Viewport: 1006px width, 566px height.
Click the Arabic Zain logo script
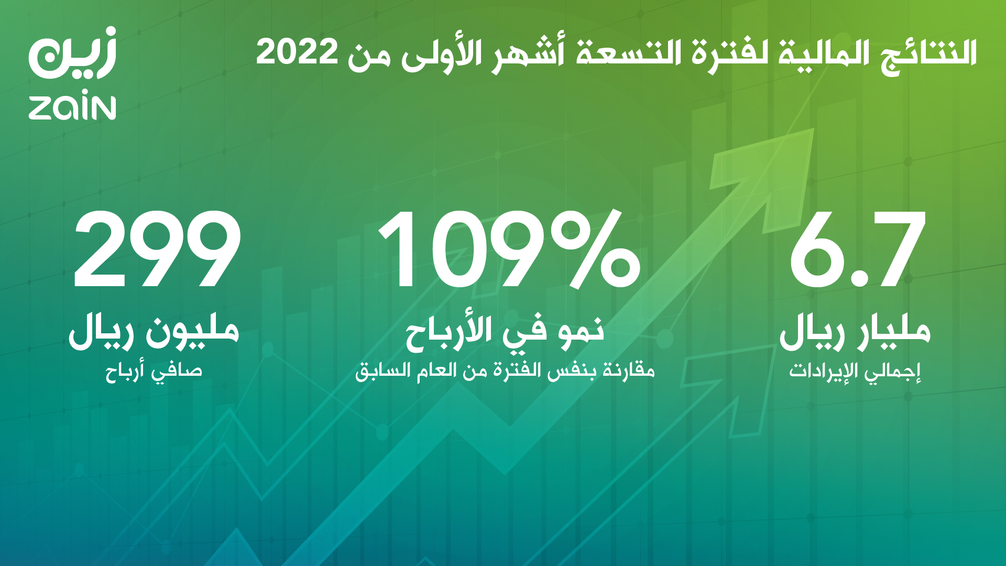[72, 52]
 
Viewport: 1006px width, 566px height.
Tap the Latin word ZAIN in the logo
[72, 107]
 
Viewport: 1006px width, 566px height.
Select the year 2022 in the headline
[297, 52]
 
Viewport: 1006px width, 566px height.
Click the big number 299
[157, 249]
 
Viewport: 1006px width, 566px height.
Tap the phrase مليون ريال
[154, 331]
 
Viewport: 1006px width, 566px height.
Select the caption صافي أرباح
[154, 371]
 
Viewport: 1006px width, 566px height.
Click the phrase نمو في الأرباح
[505, 331]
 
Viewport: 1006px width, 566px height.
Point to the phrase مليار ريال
[855, 331]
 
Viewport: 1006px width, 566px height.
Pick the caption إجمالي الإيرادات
[855, 371]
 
